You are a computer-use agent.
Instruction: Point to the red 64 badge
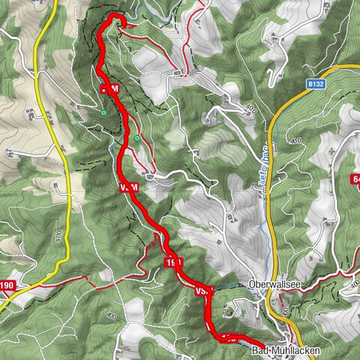[355, 178]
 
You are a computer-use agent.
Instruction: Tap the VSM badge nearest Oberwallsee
[204, 289]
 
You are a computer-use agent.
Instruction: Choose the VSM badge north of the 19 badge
[127, 186]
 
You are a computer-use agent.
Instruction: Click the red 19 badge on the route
[173, 261]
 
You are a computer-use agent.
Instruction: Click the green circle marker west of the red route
[103, 113]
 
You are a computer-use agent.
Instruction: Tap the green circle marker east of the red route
[138, 138]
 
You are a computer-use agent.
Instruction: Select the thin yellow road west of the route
[60, 150]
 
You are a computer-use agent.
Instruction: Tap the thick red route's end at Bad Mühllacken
[247, 341]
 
